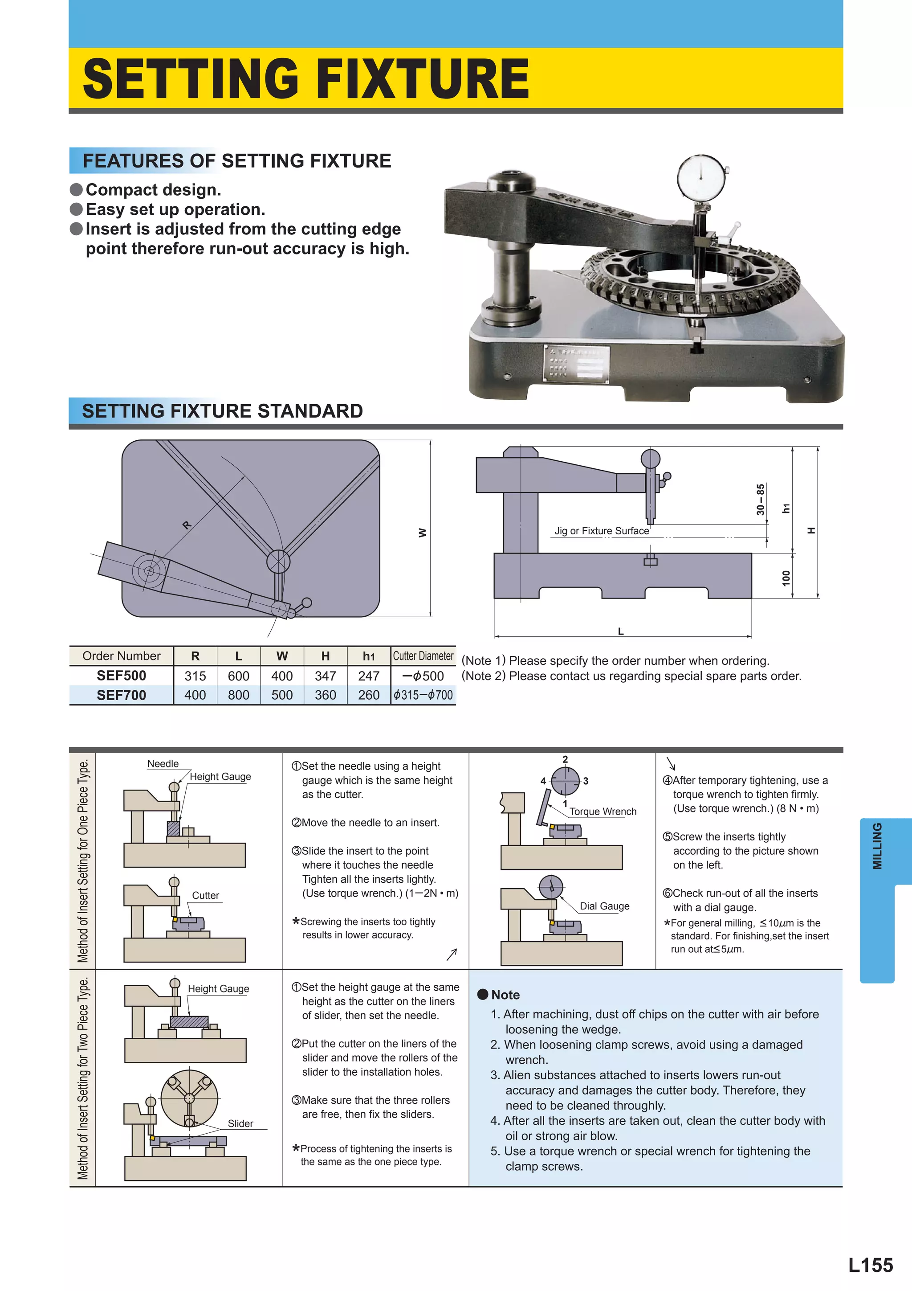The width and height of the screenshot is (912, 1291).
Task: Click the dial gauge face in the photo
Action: pyautogui.click(x=701, y=176)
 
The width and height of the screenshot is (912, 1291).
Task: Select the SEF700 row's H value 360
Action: pyautogui.click(x=326, y=695)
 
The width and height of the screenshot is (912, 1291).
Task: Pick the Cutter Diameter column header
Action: pyautogui.click(x=423, y=656)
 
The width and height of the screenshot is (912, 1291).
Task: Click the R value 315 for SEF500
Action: pyautogui.click(x=195, y=676)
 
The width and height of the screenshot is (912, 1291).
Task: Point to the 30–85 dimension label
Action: pyautogui.click(x=760, y=499)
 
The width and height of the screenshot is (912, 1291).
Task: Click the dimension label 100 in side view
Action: pyautogui.click(x=786, y=578)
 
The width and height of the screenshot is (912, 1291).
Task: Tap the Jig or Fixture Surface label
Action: pyautogui.click(x=601, y=531)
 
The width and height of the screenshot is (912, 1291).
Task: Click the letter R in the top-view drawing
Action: pyautogui.click(x=187, y=525)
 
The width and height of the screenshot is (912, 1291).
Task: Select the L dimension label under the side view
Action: pyautogui.click(x=621, y=631)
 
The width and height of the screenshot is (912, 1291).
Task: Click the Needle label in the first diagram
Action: pyautogui.click(x=163, y=763)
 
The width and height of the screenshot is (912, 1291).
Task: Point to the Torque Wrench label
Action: pyautogui.click(x=603, y=811)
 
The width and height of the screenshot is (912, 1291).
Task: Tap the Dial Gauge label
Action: pyautogui.click(x=604, y=906)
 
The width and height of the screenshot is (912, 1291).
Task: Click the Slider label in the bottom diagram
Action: pyautogui.click(x=240, y=1123)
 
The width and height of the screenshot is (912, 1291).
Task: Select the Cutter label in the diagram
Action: pyautogui.click(x=206, y=895)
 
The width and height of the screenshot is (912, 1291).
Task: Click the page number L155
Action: pyautogui.click(x=871, y=1265)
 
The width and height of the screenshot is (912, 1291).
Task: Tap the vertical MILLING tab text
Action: pyautogui.click(x=877, y=846)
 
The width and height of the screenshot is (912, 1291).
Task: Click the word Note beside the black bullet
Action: pyautogui.click(x=505, y=995)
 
